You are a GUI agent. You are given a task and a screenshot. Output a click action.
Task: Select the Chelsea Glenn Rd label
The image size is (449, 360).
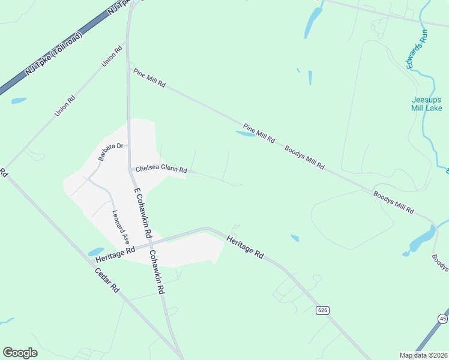(161, 170)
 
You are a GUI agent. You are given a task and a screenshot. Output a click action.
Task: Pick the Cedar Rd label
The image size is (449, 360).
(107, 280)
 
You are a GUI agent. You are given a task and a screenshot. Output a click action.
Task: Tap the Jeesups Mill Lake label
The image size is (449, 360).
(427, 104)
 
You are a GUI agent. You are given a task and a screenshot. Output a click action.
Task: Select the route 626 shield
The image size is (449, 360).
(323, 310)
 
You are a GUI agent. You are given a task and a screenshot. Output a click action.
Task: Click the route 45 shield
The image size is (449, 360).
(442, 318)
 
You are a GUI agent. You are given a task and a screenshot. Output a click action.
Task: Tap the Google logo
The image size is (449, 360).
(20, 353)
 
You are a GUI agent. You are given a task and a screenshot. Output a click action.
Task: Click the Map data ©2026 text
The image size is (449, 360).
(423, 355)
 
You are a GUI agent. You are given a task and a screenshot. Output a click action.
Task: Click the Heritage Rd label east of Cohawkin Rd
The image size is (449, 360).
(245, 247)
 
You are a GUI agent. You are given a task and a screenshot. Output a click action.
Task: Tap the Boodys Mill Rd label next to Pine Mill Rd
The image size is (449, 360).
(304, 157)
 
